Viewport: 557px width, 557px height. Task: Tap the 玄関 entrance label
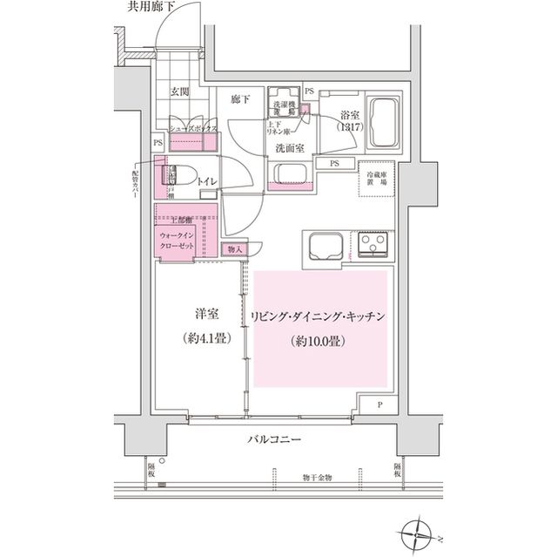click(x=180, y=91)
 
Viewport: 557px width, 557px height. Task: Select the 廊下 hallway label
click(x=241, y=100)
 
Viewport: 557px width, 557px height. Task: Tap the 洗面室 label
click(x=289, y=148)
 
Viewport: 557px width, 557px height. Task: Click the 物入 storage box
click(x=236, y=249)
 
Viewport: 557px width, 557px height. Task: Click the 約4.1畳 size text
click(x=207, y=338)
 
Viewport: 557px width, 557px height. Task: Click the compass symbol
click(x=418, y=530)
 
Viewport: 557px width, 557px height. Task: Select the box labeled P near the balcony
click(x=380, y=405)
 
